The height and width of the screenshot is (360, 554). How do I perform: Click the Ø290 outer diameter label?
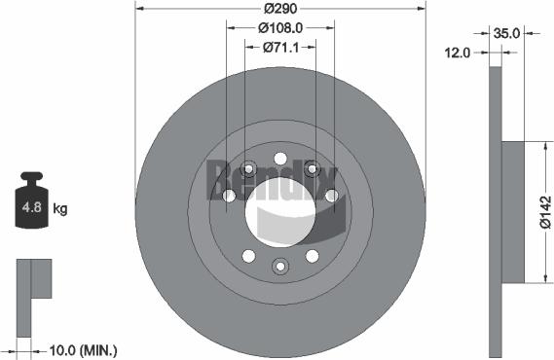[280, 9]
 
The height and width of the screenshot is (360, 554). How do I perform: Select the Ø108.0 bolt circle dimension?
[280, 28]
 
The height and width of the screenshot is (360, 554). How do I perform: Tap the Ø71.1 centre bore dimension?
[280, 48]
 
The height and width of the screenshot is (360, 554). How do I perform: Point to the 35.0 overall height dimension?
[506, 33]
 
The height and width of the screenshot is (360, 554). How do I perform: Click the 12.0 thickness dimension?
[458, 53]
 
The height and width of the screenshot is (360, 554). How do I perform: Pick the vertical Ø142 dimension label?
[545, 212]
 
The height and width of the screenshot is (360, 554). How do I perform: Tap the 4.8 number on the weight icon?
[32, 207]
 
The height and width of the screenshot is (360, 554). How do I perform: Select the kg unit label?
[60, 208]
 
